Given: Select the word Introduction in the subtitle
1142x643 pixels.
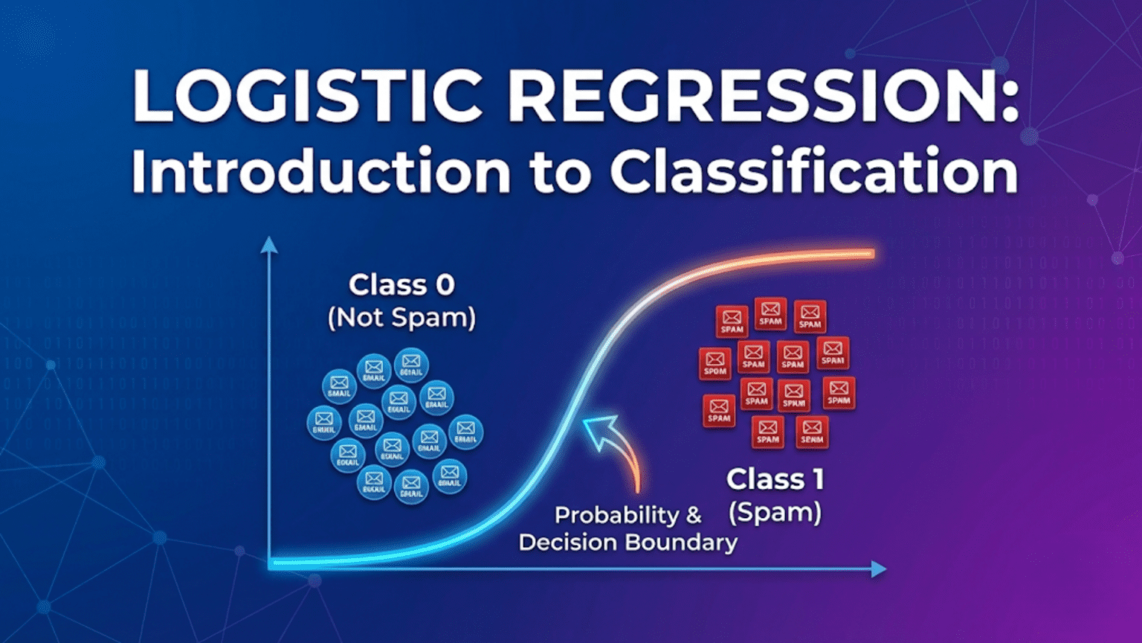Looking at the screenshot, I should (x=320, y=172).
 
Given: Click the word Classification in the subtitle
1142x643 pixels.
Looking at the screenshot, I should (x=813, y=172).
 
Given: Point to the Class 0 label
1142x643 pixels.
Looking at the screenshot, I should (x=401, y=285).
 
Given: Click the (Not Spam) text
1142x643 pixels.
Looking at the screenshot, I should (x=401, y=318).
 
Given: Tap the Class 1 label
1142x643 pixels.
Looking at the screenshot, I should (x=775, y=479).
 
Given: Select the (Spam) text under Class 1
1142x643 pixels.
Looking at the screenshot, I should (x=775, y=513).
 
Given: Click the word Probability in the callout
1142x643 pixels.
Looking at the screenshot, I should (x=616, y=515).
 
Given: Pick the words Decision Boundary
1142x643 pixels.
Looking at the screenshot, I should (x=628, y=543).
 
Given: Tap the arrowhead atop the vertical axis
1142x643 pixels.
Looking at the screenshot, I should (x=269, y=245).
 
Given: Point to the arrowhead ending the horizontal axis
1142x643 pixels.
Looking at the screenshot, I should (x=879, y=569).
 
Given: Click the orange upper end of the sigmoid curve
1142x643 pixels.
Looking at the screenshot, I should (x=855, y=255).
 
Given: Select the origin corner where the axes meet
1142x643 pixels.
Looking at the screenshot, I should (x=271, y=567).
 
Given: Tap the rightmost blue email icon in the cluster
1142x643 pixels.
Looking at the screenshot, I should (x=465, y=432).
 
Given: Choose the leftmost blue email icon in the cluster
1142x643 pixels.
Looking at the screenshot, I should (x=324, y=422).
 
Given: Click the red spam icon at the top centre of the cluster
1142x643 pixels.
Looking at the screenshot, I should (x=770, y=314).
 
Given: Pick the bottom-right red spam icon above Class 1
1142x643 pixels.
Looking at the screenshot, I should (x=812, y=432).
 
